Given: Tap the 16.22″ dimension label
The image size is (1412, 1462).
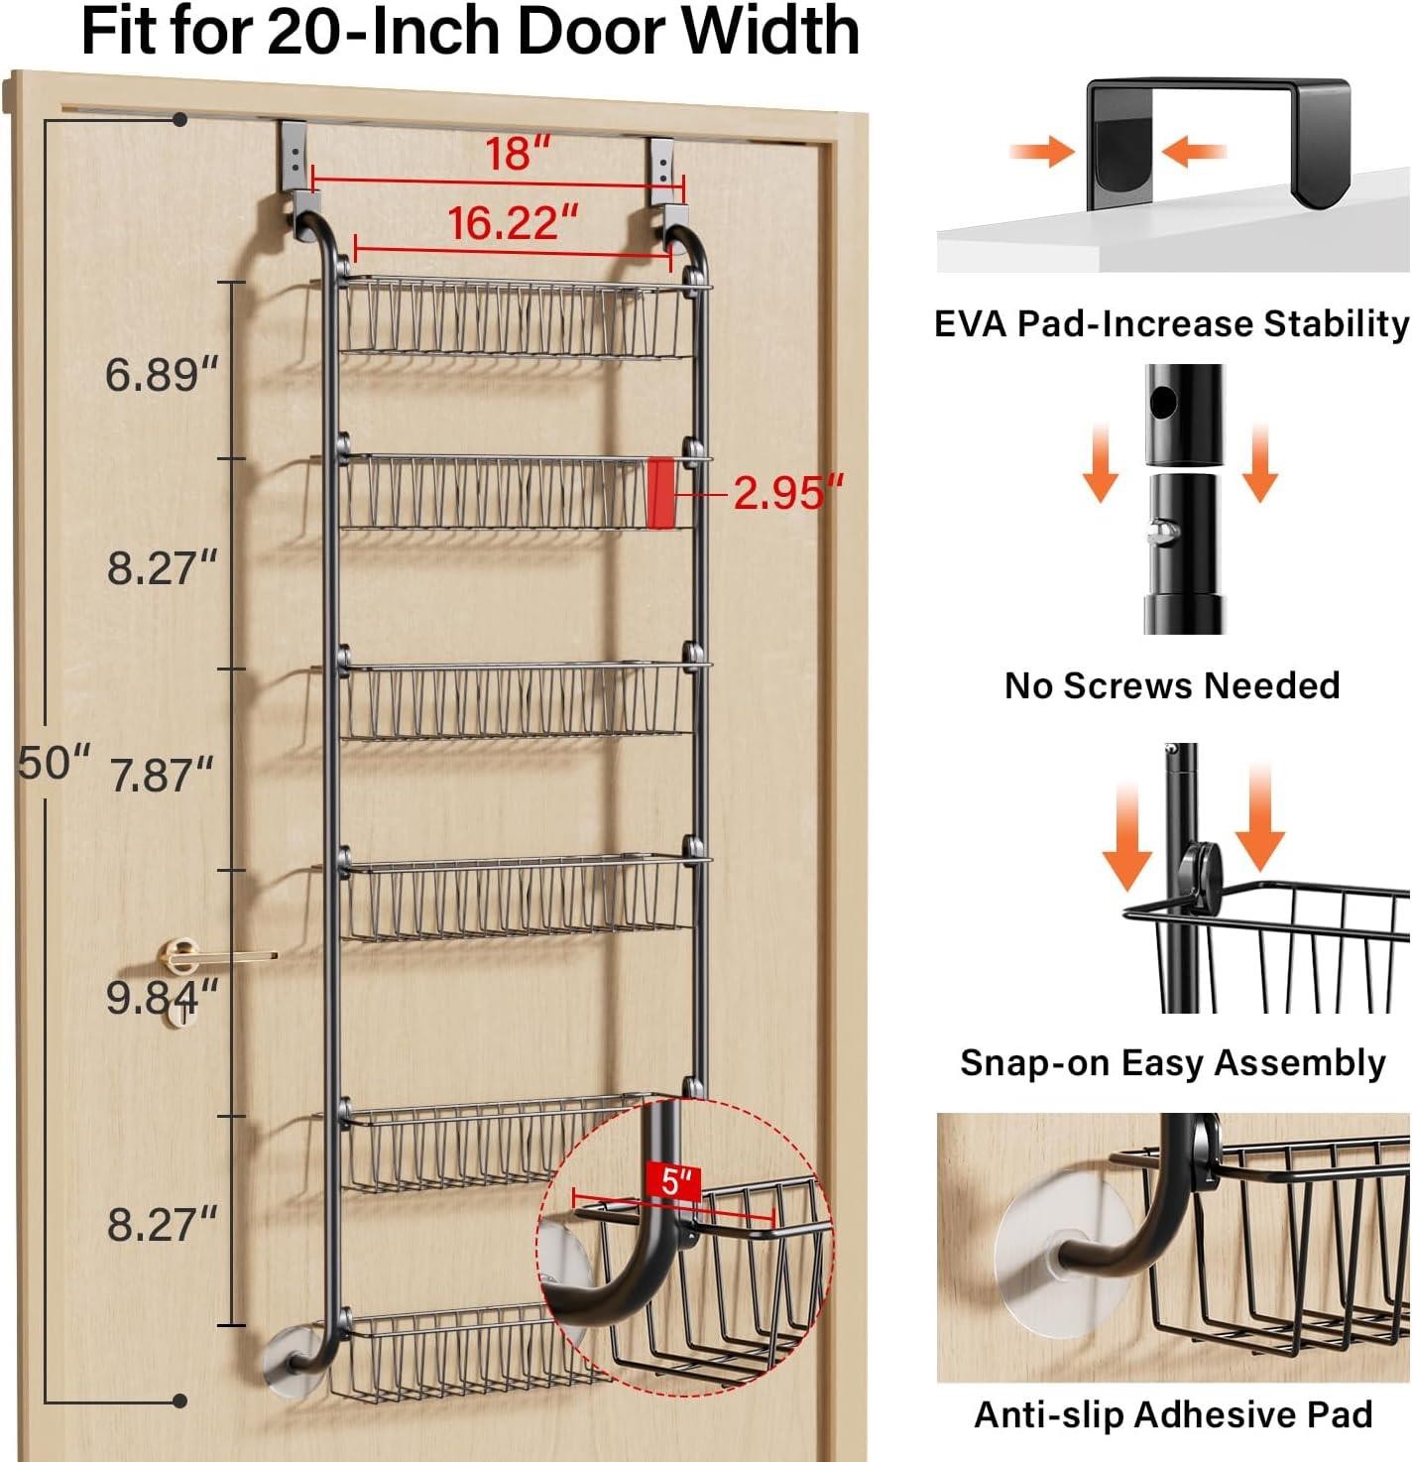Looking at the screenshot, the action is tap(513, 222).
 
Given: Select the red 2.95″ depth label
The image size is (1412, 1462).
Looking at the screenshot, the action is tap(789, 491).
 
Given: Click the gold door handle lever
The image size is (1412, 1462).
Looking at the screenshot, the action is tap(224, 956).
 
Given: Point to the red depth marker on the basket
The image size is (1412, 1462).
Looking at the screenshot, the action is tap(660, 492).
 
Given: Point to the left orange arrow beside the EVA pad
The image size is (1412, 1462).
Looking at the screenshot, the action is tap(1041, 152).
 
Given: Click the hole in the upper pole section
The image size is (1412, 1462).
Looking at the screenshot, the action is tap(1164, 402).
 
